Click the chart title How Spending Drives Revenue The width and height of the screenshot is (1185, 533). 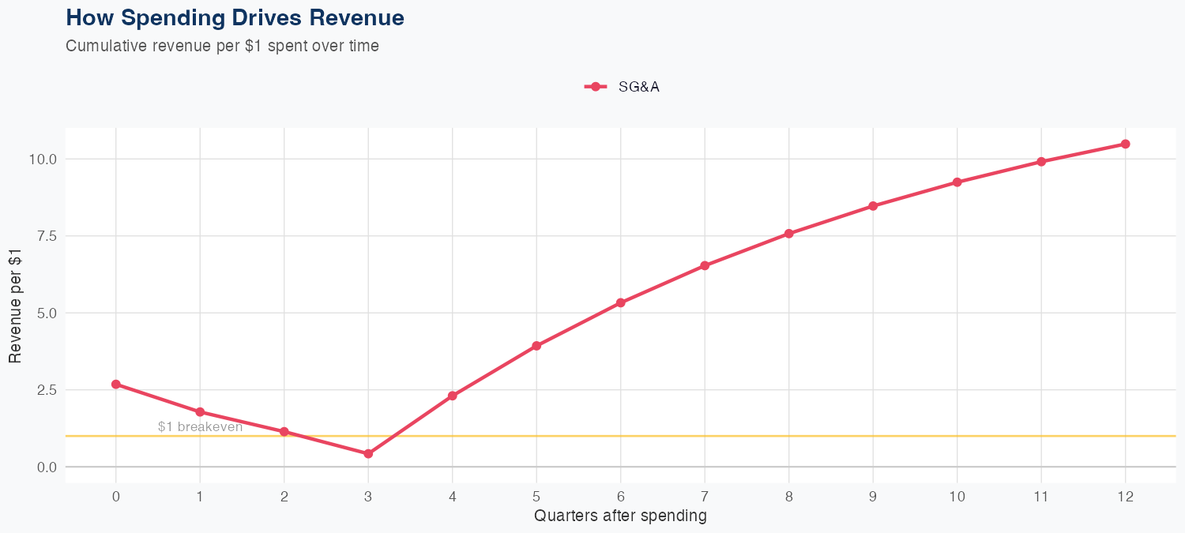(x=235, y=17)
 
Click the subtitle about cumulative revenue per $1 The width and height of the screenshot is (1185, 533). (x=222, y=46)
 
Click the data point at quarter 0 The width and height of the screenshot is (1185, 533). (x=116, y=385)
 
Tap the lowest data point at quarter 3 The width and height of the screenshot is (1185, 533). (x=368, y=454)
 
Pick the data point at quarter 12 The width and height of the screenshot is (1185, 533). (x=1125, y=144)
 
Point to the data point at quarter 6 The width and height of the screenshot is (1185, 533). (x=621, y=302)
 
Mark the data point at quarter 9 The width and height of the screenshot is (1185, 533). (x=873, y=206)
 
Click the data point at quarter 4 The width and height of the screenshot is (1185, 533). (x=453, y=396)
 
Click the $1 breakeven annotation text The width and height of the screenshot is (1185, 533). (x=200, y=427)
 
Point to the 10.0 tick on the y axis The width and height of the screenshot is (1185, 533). (x=44, y=159)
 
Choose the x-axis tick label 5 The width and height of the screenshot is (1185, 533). (x=536, y=497)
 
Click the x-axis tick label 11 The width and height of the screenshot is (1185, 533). (x=1041, y=497)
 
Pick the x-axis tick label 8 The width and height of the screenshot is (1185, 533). (x=788, y=497)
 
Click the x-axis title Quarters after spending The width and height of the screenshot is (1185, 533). (x=620, y=516)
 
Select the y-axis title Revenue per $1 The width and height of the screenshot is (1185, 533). (x=16, y=306)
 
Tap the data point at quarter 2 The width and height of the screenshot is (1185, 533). (x=284, y=432)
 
